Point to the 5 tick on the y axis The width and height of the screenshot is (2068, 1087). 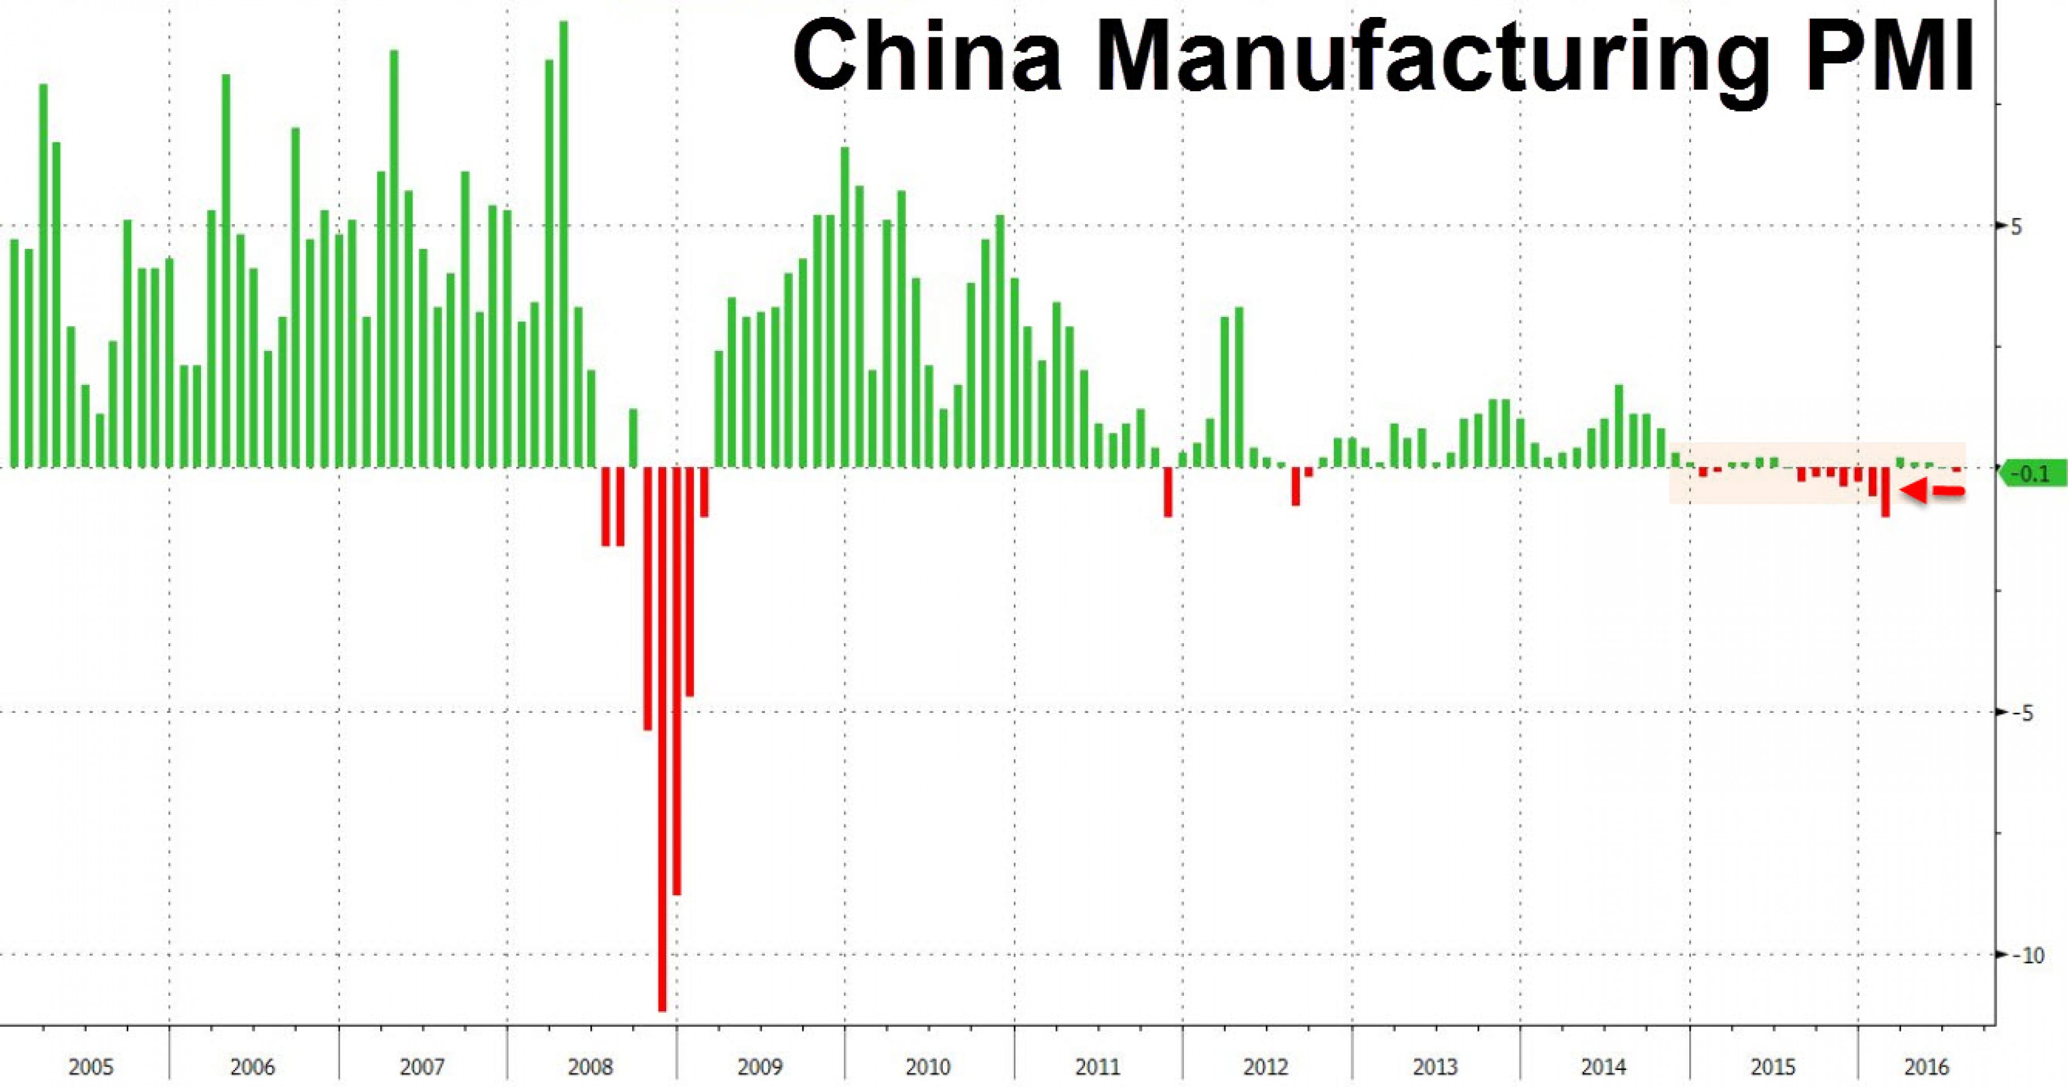coord(2032,226)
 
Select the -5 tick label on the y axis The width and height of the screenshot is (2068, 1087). coord(2028,713)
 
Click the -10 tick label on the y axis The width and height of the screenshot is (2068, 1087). coord(2032,955)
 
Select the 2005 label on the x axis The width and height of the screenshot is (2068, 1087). coord(91,1067)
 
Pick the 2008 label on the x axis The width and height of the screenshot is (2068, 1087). coord(590,1067)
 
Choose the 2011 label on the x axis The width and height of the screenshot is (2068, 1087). coord(1097,1067)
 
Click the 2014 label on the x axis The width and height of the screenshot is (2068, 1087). coord(1603,1067)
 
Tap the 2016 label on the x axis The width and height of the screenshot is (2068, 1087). coord(1927,1067)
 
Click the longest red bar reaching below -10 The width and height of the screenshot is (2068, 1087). coord(662,739)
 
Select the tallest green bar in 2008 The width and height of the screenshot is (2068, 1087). coord(564,241)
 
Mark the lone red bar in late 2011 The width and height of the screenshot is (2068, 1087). coord(1168,491)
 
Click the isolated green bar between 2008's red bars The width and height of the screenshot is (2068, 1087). coord(633,438)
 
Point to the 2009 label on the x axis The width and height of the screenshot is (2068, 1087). coord(760,1067)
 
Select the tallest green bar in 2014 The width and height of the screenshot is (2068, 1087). coord(1619,426)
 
